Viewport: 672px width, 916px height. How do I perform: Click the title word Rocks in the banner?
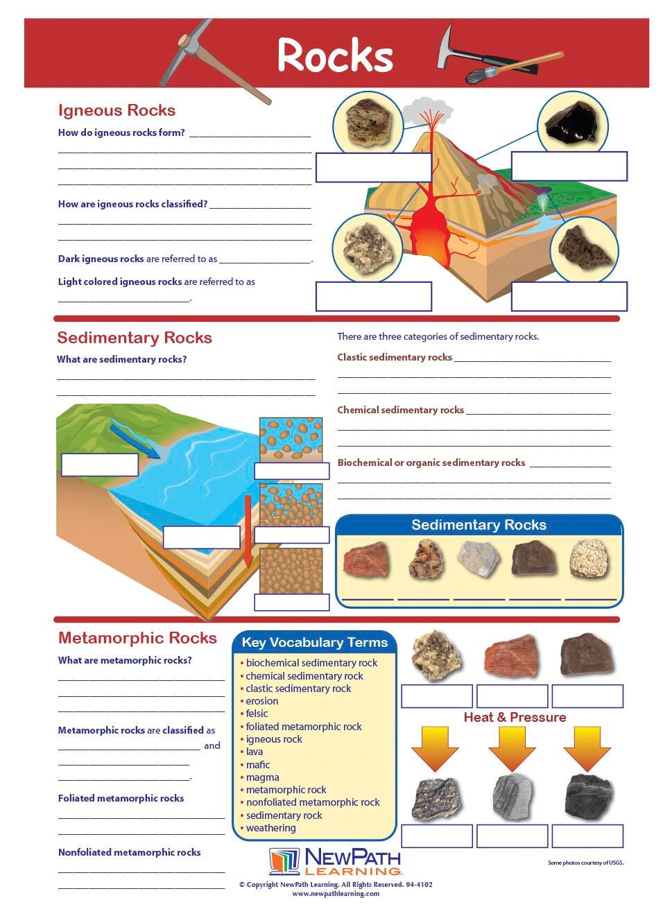[335, 55]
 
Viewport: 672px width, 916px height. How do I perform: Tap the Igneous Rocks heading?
[117, 111]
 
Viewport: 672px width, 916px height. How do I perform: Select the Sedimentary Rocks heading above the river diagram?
[135, 338]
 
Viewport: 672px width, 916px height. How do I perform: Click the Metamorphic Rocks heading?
[137, 638]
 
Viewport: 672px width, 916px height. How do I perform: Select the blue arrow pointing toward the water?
[135, 440]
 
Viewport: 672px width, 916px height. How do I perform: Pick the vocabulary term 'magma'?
[262, 777]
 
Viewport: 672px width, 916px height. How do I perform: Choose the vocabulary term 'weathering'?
[270, 828]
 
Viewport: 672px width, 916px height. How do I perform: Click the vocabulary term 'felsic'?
[257, 714]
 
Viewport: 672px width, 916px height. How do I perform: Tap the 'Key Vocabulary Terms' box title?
[314, 642]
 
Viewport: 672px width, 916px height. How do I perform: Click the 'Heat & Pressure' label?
[515, 717]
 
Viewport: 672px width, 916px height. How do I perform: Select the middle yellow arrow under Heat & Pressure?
[512, 748]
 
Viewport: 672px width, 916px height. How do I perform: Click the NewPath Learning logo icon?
[284, 861]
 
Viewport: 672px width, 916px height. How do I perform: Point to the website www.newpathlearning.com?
[336, 894]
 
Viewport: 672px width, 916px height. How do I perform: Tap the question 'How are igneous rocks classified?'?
[132, 204]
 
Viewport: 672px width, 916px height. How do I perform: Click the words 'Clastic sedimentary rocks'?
[395, 357]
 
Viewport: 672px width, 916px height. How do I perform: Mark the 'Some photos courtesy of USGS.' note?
[585, 863]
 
